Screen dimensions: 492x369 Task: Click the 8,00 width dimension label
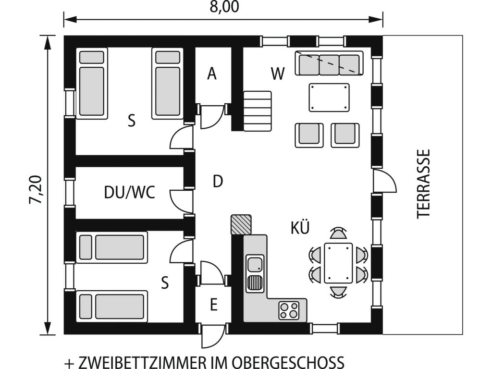pos(224,7)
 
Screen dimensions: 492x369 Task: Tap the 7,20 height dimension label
pos(36,189)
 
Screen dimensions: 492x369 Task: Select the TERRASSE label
pos(423,184)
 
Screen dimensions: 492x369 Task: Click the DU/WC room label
pos(130,192)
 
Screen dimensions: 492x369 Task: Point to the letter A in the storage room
pos(212,74)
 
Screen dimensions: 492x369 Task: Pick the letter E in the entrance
pos(214,305)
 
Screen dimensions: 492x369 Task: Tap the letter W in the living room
pos(278,74)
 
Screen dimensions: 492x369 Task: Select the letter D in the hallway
pos(218,181)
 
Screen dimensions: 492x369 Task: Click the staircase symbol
pos(258,111)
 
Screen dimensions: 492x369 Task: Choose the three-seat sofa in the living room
pos(329,63)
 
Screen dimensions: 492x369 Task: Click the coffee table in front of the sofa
pos(329,97)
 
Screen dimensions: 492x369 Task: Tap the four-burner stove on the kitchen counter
pos(289,310)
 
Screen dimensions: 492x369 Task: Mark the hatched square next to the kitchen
pos(241,225)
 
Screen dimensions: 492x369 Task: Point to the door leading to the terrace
pos(384,181)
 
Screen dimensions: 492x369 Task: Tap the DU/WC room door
pos(181,201)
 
